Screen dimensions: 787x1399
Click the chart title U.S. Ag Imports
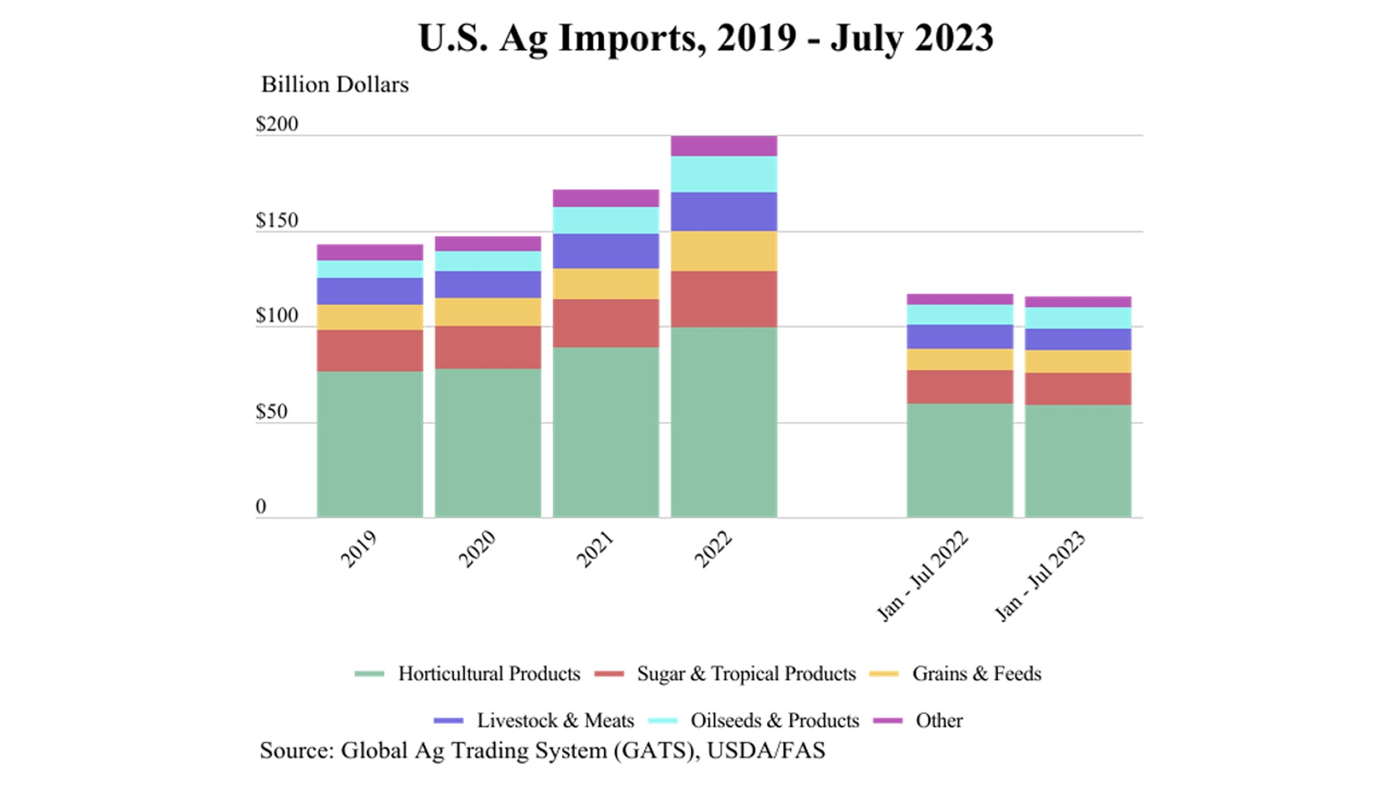pyautogui.click(x=705, y=38)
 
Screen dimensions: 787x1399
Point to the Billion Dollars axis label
pyautogui.click(x=334, y=85)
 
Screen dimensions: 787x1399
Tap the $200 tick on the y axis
pyautogui.click(x=277, y=124)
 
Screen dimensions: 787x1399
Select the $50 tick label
pyautogui.click(x=271, y=412)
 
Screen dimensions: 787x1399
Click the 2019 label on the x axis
pyautogui.click(x=359, y=549)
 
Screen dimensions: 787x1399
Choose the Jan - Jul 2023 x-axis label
pyautogui.click(x=1041, y=576)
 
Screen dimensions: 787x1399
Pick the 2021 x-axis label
pyautogui.click(x=595, y=549)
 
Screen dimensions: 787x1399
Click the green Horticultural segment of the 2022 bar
pyautogui.click(x=724, y=422)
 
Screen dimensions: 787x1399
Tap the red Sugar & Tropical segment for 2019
pyautogui.click(x=370, y=350)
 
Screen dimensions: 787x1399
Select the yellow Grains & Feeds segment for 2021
pyautogui.click(x=605, y=284)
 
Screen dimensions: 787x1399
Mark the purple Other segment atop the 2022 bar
pyautogui.click(x=724, y=146)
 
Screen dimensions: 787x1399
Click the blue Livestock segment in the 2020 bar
pyautogui.click(x=487, y=285)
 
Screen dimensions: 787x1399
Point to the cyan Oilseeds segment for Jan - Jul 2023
pyautogui.click(x=1077, y=318)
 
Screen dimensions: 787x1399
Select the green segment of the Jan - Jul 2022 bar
pyautogui.click(x=960, y=460)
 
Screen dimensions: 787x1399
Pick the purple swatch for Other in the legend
pyautogui.click(x=888, y=721)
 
